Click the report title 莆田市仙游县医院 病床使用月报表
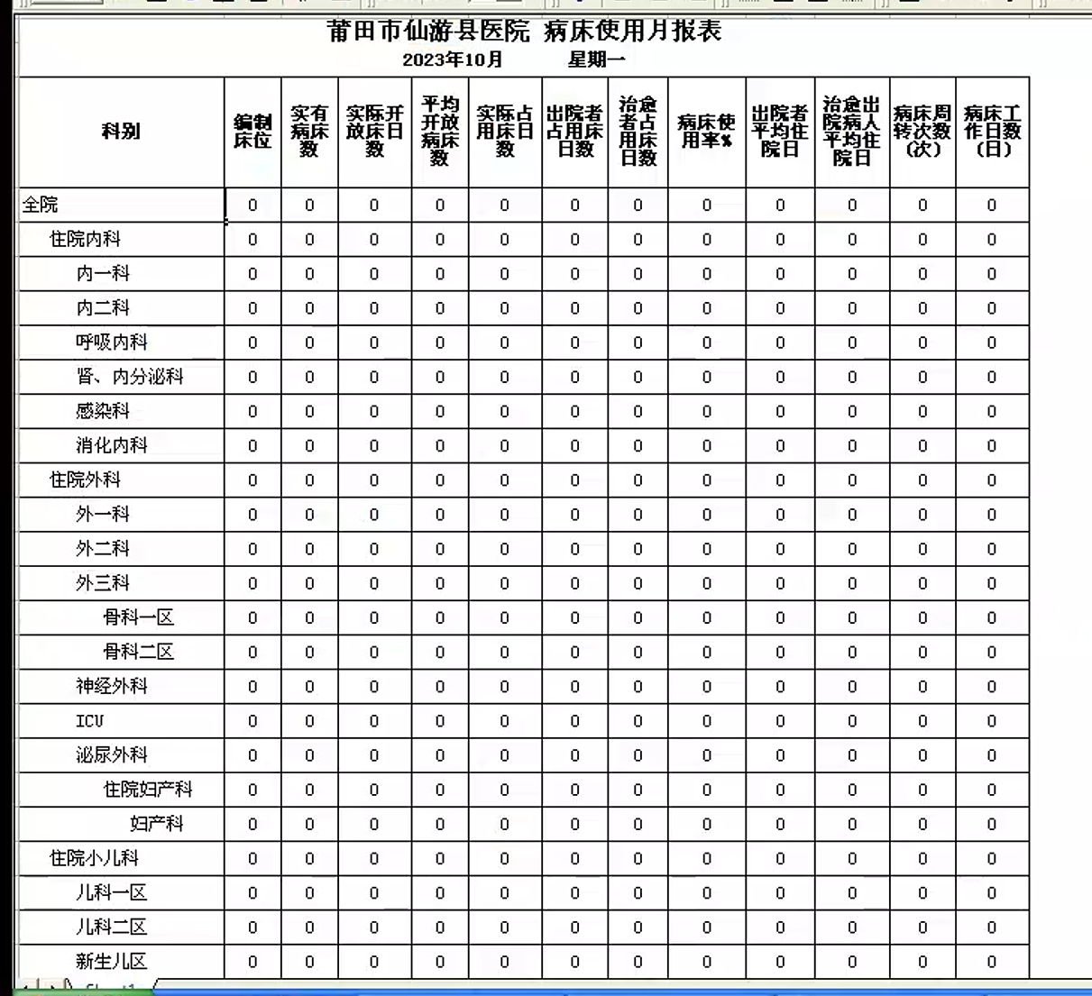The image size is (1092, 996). click(x=524, y=32)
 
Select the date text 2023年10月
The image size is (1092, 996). click(x=452, y=60)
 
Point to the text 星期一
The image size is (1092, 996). click(x=596, y=60)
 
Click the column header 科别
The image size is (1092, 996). click(x=121, y=132)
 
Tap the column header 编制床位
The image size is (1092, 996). click(x=252, y=132)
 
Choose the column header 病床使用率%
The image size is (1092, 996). click(x=706, y=132)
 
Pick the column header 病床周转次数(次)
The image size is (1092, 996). click(x=922, y=132)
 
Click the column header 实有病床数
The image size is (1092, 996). click(x=309, y=132)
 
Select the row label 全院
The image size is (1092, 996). click(x=41, y=206)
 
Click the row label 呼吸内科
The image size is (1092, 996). click(x=111, y=343)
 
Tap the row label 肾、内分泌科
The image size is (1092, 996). click(x=129, y=377)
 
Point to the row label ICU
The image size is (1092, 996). click(x=89, y=721)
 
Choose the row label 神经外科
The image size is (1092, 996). click(x=111, y=687)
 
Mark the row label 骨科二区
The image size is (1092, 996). click(x=138, y=653)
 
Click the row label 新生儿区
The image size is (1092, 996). click(x=111, y=962)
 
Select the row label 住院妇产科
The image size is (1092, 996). click(x=147, y=790)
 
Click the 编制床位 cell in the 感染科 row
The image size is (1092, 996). click(x=252, y=412)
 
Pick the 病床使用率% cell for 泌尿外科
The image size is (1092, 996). click(x=706, y=755)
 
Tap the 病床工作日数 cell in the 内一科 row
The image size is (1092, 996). click(x=991, y=274)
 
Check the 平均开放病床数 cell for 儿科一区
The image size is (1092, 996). click(x=439, y=893)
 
